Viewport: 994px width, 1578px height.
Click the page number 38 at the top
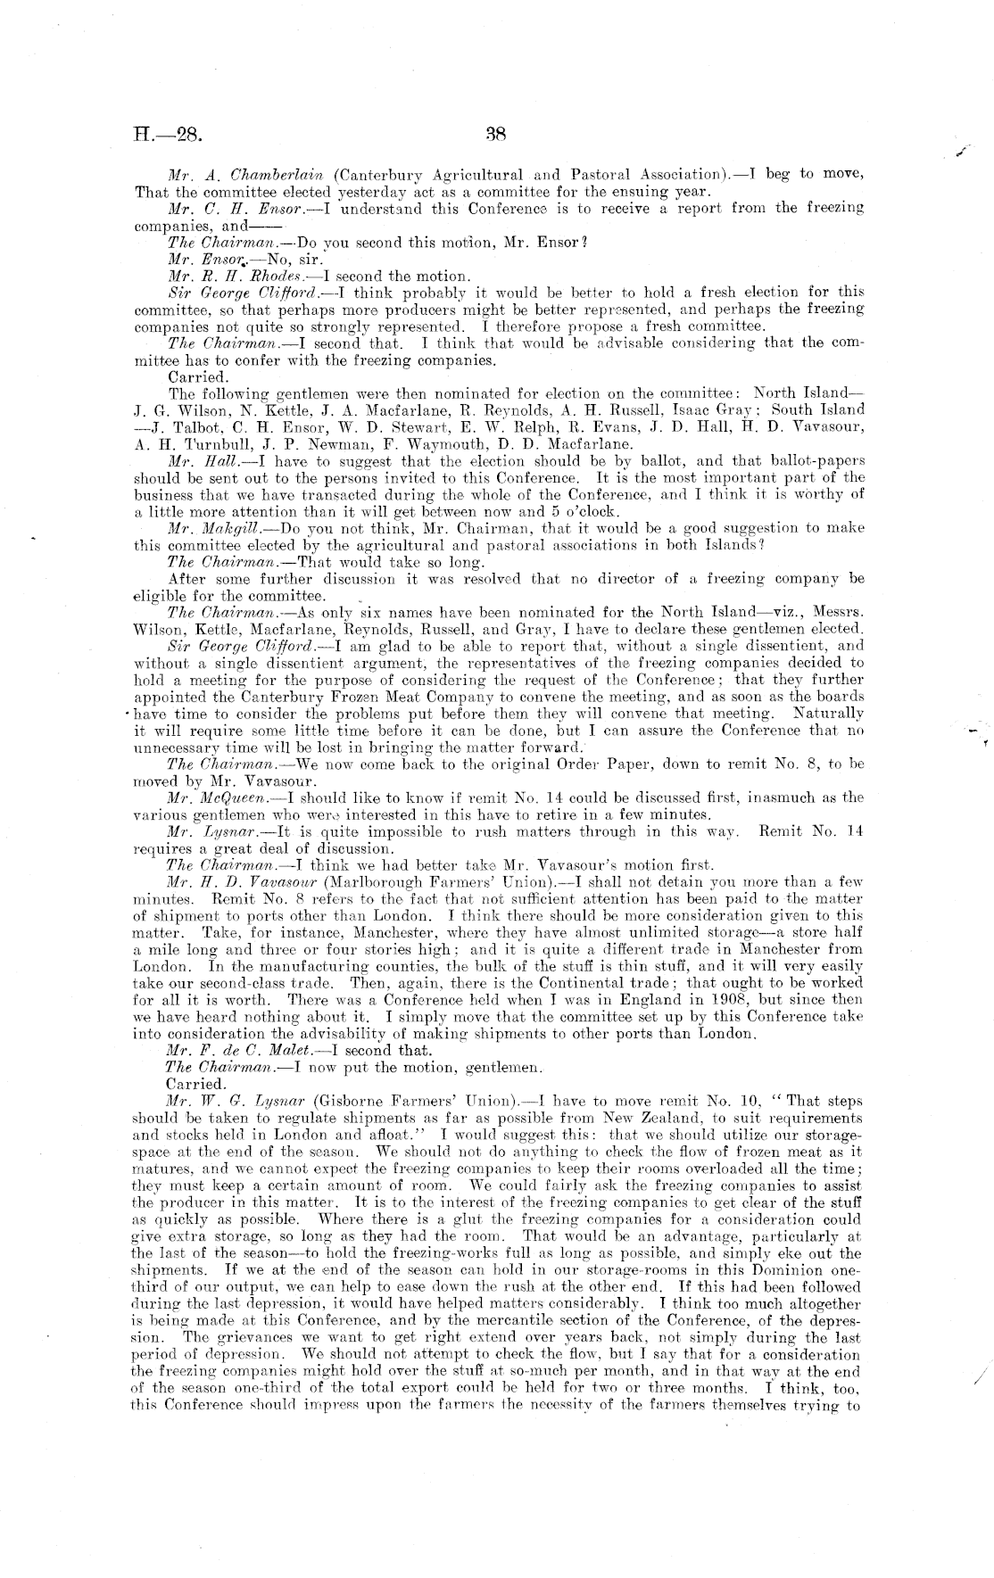coord(496,136)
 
